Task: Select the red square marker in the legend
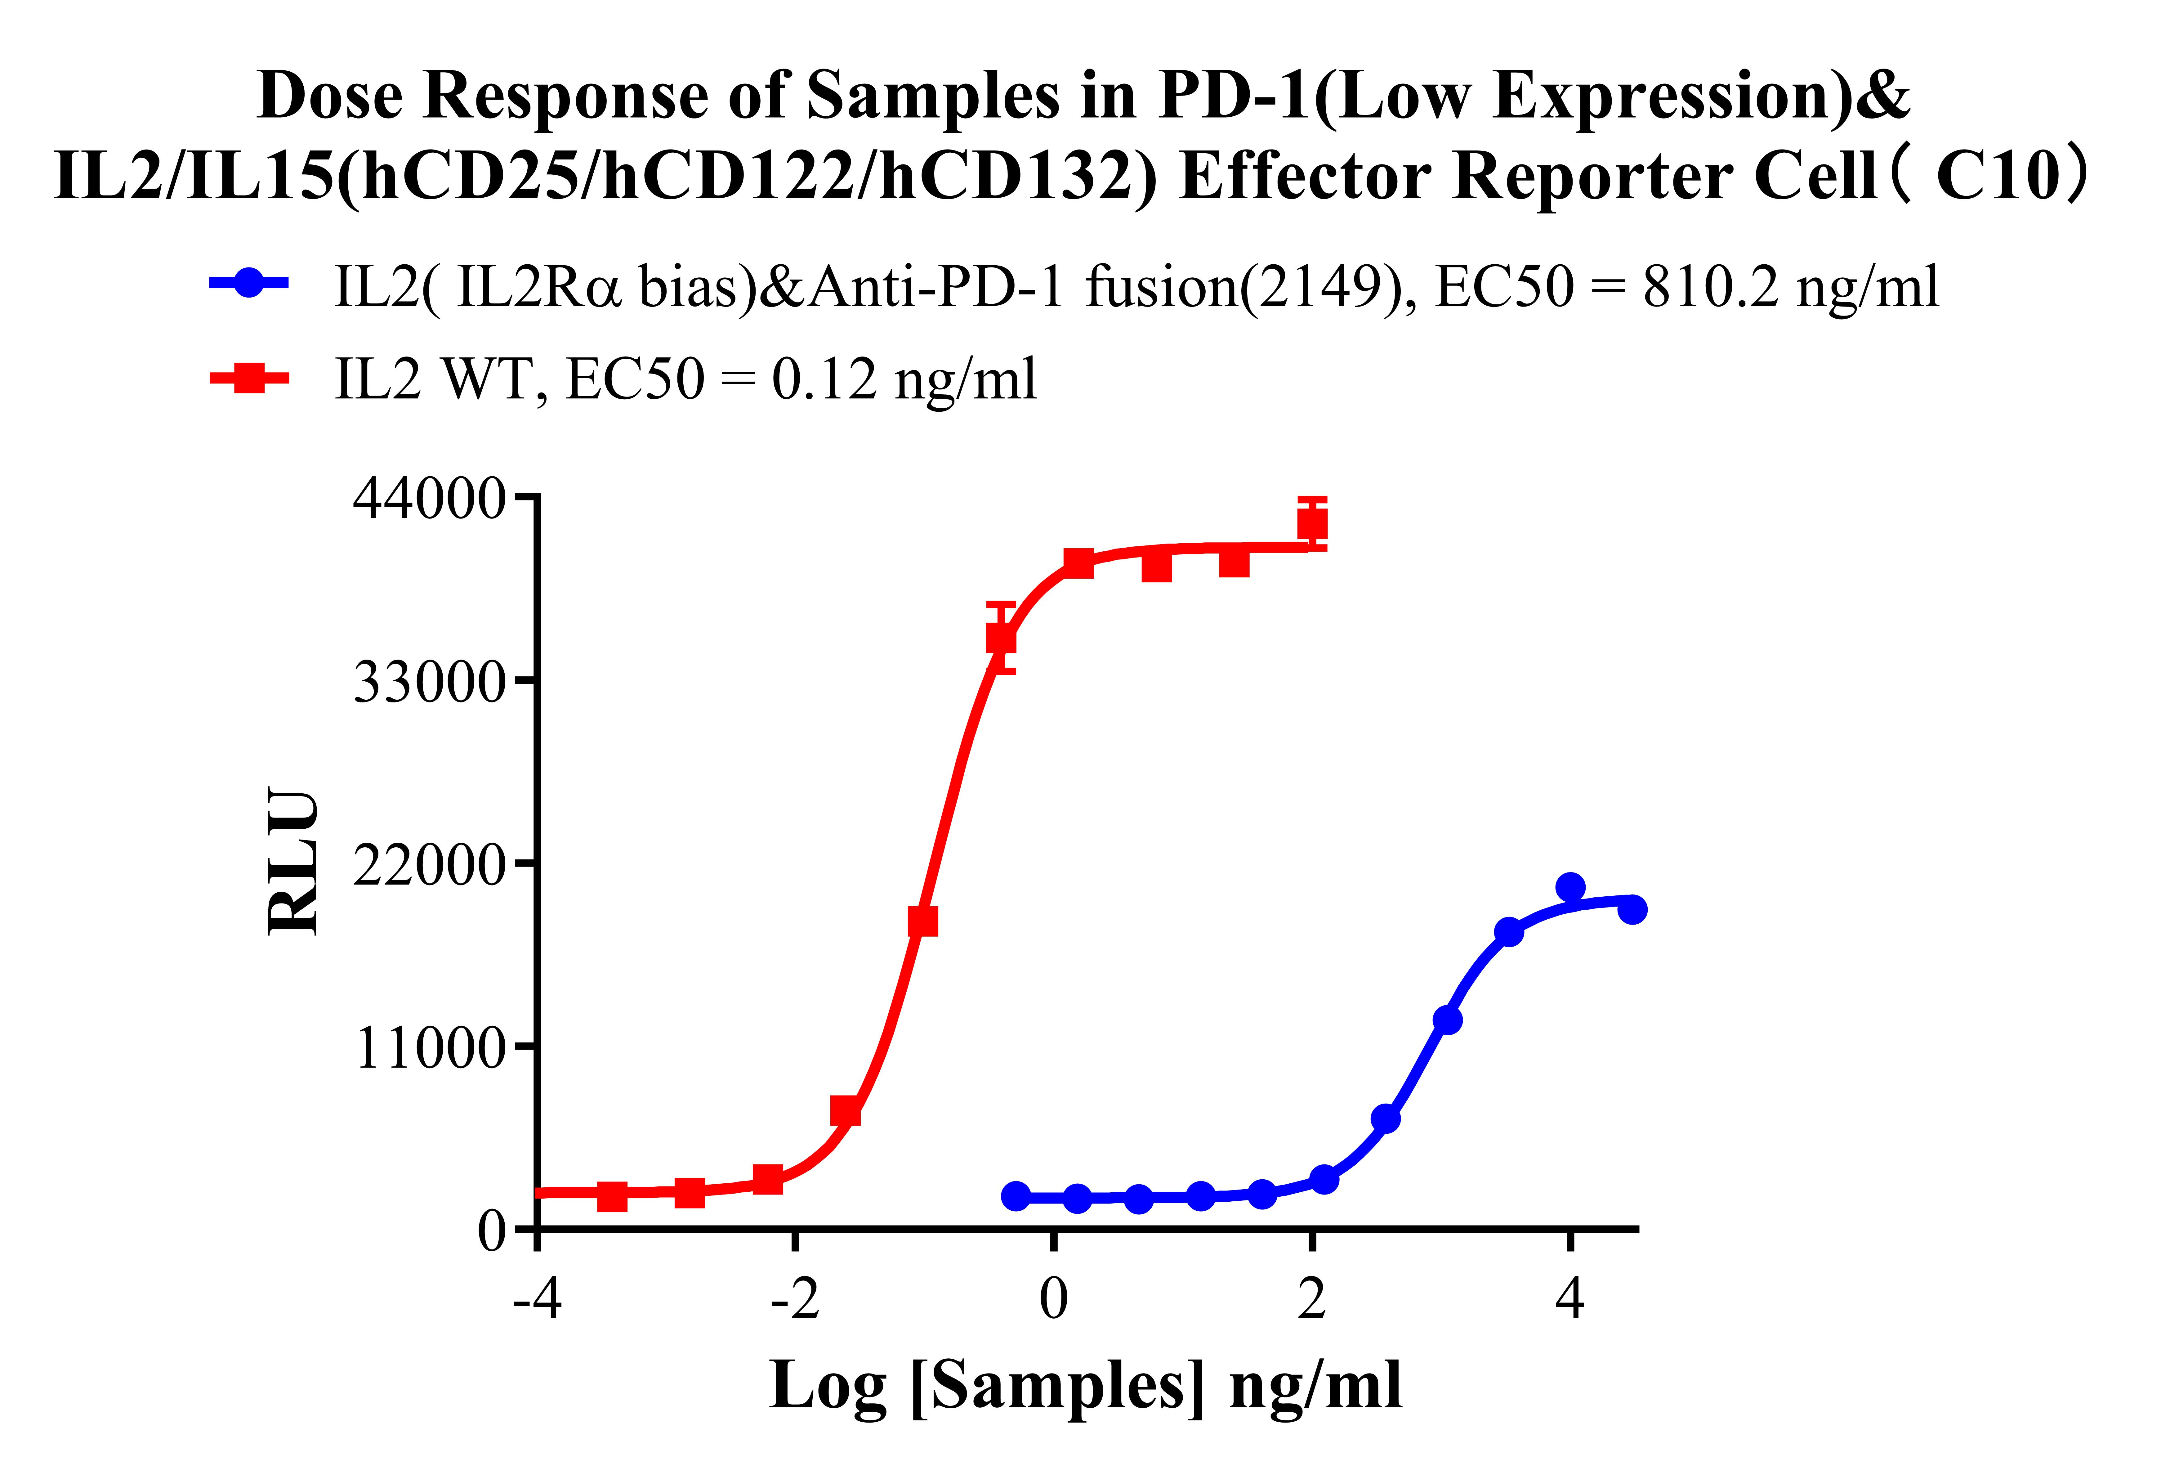point(248,378)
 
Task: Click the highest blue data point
point(1570,886)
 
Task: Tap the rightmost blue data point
point(1631,909)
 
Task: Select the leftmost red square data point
point(612,1196)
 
